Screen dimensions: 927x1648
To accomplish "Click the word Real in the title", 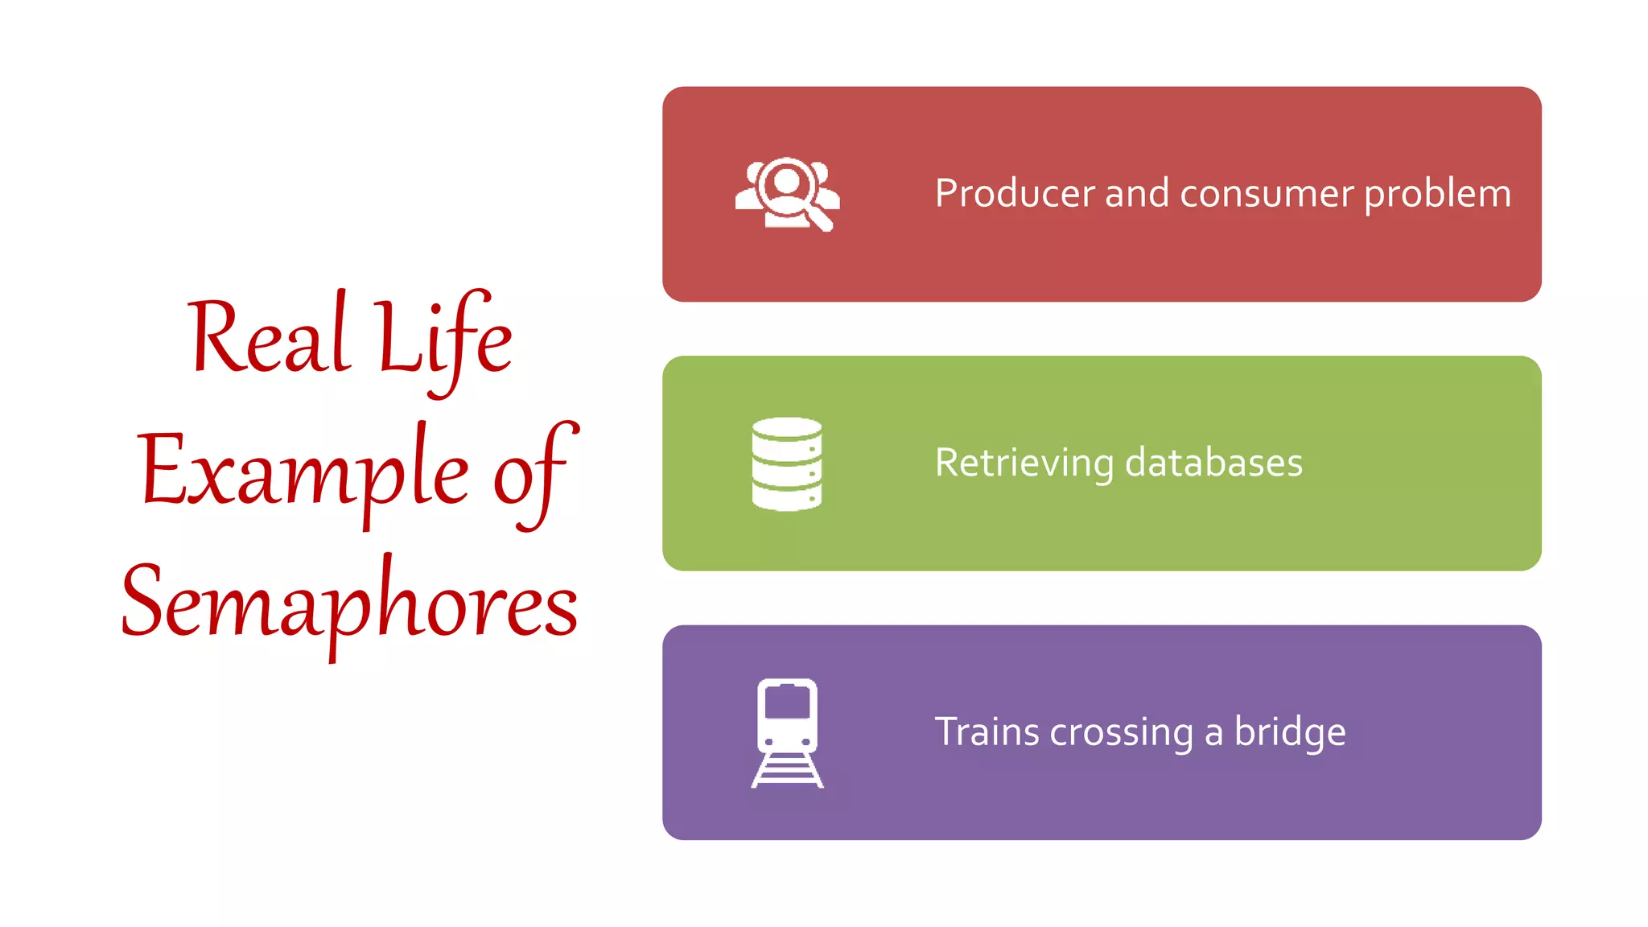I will point(270,338).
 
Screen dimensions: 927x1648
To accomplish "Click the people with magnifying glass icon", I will point(787,194).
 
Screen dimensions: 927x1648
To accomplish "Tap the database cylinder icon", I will point(787,463).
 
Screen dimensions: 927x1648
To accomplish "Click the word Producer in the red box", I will point(1015,194).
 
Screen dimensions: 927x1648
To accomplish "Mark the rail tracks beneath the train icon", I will point(787,772).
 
